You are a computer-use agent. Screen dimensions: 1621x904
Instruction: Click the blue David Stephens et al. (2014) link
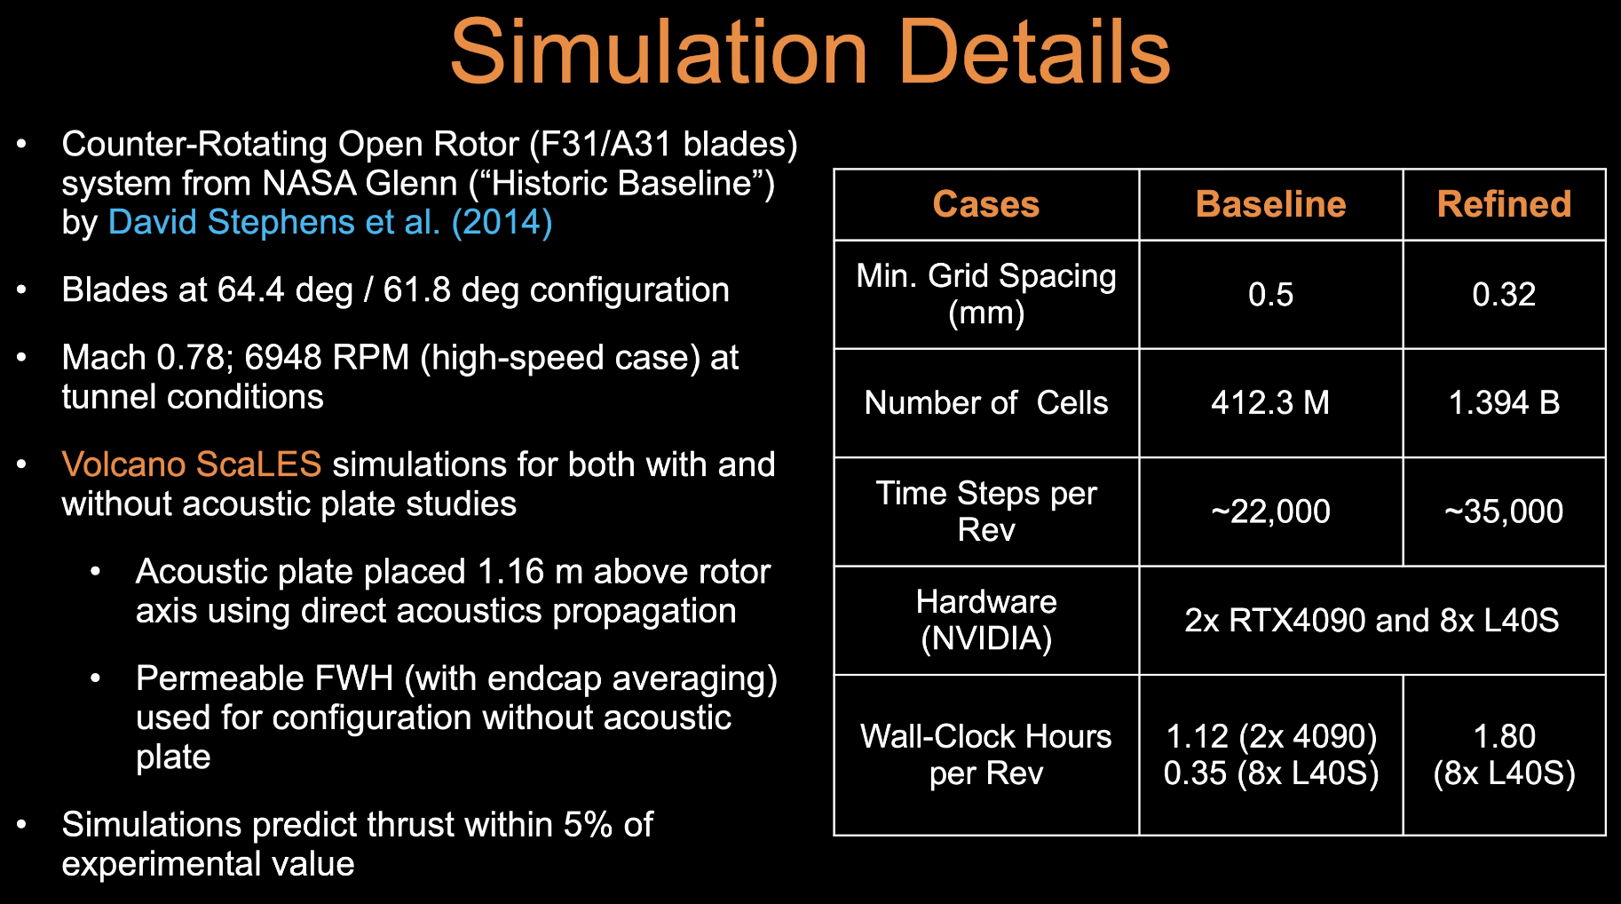[330, 222]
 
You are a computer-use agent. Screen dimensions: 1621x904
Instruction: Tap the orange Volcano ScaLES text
[191, 464]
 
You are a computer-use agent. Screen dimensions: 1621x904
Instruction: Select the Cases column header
[985, 204]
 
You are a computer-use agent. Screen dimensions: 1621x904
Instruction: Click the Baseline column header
[1270, 204]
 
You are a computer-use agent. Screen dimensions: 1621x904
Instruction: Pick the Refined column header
[1504, 204]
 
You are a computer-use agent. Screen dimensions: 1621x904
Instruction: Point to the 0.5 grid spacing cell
[1270, 294]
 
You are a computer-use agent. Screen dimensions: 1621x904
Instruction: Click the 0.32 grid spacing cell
[1504, 294]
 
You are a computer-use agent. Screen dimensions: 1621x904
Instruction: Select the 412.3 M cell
[1270, 403]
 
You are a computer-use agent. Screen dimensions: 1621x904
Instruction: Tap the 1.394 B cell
[1504, 403]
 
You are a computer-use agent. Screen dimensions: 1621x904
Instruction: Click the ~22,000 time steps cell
[1270, 511]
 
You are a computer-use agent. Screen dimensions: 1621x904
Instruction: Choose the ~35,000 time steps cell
[1504, 511]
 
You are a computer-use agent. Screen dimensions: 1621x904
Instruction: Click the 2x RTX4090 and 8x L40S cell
[1372, 620]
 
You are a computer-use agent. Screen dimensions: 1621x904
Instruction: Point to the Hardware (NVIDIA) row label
[986, 620]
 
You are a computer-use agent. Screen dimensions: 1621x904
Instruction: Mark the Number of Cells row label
[986, 403]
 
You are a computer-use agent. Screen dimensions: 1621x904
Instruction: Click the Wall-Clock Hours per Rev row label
[986, 755]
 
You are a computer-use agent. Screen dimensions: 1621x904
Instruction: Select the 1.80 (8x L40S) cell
[1504, 755]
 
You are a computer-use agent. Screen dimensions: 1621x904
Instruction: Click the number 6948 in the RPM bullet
[282, 358]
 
